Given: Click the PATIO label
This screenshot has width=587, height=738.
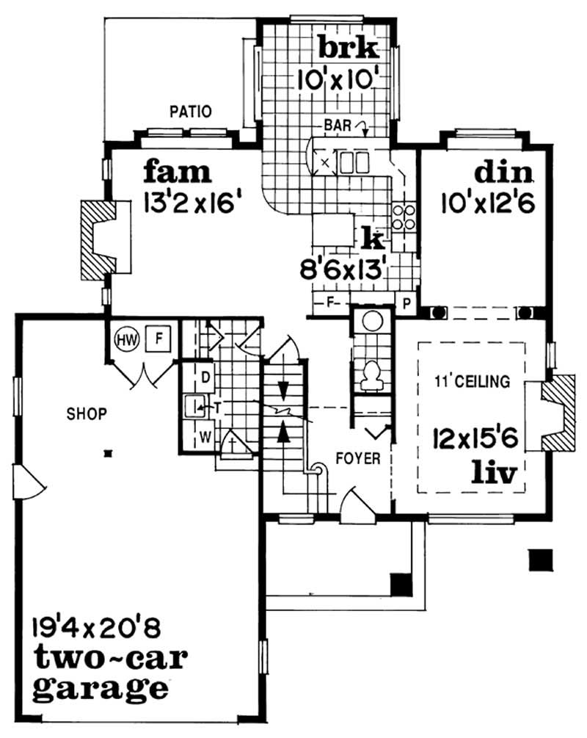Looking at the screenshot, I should click(x=191, y=112).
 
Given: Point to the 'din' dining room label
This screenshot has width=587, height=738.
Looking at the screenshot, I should click(x=503, y=172).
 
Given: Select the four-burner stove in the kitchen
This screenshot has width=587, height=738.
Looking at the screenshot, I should click(x=404, y=217).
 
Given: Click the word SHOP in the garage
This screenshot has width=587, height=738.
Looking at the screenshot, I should click(x=87, y=413).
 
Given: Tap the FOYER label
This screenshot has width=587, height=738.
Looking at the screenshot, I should click(x=358, y=459).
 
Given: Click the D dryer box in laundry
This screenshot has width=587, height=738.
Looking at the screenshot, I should click(x=206, y=377).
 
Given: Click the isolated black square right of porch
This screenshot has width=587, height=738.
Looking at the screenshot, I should click(x=541, y=560).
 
